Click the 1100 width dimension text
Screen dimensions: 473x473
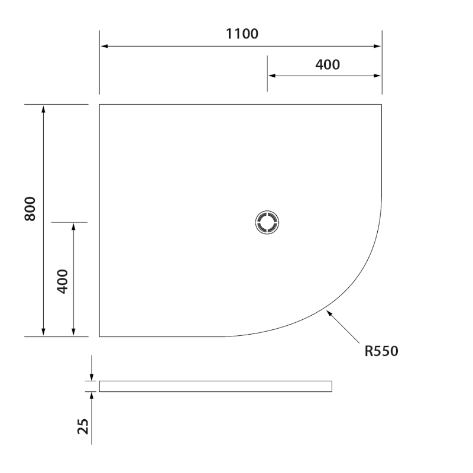pos(242,34)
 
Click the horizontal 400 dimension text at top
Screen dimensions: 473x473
pos(328,64)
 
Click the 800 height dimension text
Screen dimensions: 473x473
pos(31,209)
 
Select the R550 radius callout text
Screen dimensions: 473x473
pos(381,351)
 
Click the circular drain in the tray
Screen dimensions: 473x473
pos(267,222)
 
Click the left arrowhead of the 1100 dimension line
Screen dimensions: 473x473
pos(103,46)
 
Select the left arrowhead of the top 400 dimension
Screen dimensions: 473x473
pos(271,76)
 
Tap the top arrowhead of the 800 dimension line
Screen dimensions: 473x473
pos(43,109)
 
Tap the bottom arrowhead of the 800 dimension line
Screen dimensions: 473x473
pos(43,332)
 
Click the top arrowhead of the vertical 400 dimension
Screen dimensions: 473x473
pos(73,227)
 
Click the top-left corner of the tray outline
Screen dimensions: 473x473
pos(99,105)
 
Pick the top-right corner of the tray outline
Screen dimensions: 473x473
pos(381,105)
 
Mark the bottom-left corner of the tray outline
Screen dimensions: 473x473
pos(99,336)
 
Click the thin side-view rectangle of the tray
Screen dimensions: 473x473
pos(215,387)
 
